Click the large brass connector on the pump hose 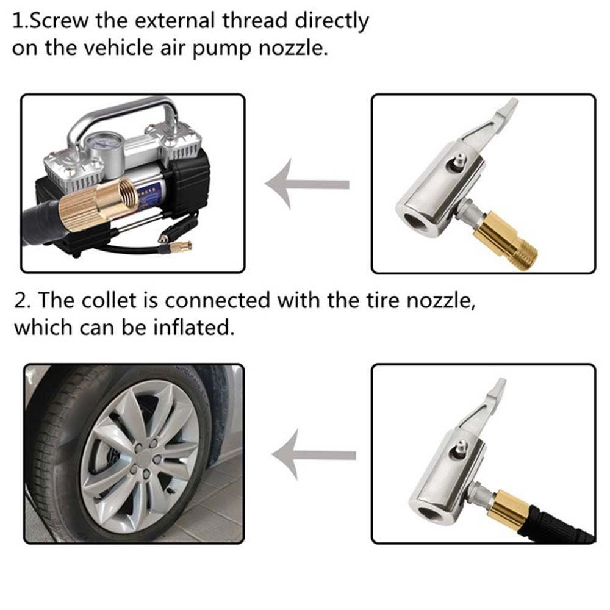(x=98, y=204)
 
